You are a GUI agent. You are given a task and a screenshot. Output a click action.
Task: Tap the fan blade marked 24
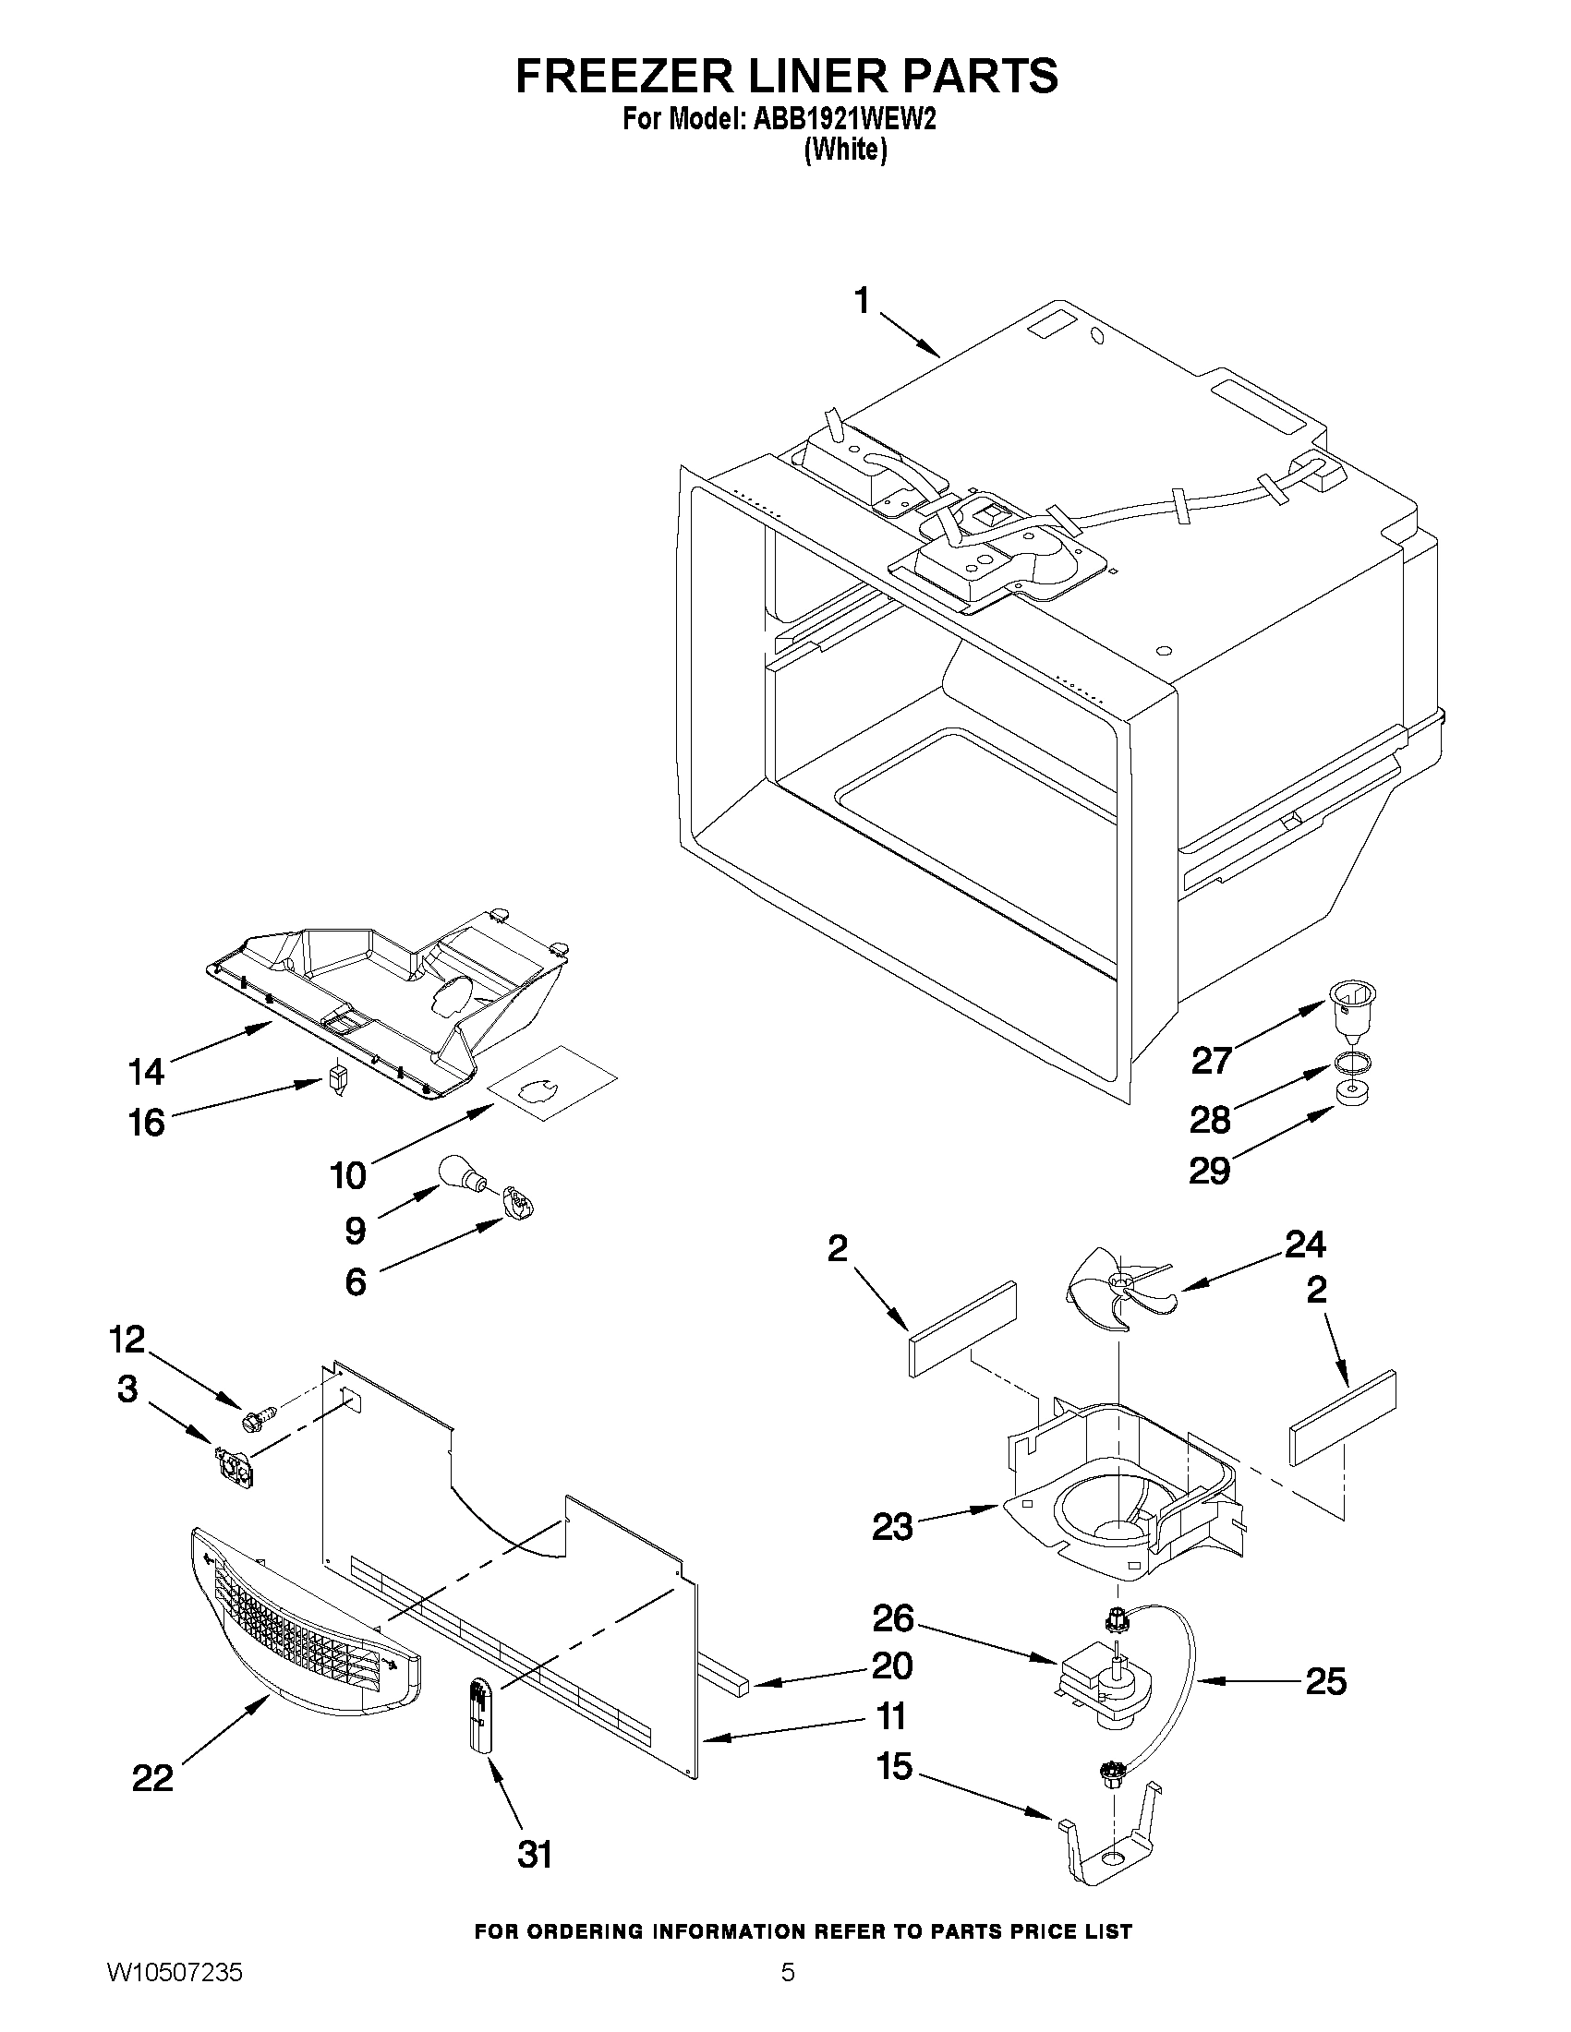(x=1112, y=1288)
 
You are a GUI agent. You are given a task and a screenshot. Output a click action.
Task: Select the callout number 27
(x=1212, y=1061)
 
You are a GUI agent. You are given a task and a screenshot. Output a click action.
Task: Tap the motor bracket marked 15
(x=1110, y=1835)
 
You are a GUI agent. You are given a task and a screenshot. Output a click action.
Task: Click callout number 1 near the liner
(x=862, y=302)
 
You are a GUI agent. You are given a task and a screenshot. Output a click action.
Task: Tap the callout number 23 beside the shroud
(x=891, y=1527)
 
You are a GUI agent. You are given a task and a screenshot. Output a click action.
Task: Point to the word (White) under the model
(x=845, y=150)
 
